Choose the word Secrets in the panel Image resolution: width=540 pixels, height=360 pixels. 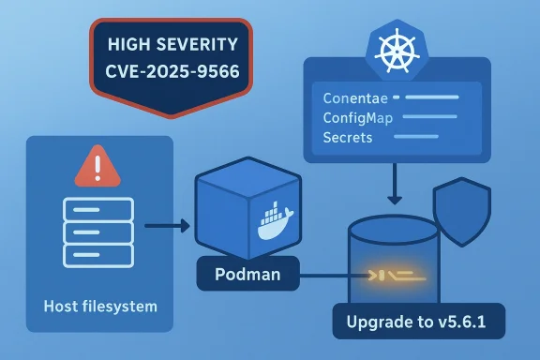tap(347, 138)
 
